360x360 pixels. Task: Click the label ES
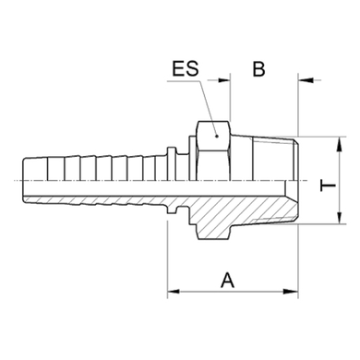(x=186, y=68)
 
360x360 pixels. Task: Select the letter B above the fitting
(x=258, y=68)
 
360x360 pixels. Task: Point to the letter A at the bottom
(x=227, y=280)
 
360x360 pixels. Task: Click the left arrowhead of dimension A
(x=174, y=291)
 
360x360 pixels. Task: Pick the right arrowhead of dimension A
(x=292, y=291)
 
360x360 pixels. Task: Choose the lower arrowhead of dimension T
(x=340, y=217)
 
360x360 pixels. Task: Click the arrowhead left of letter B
(x=224, y=80)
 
